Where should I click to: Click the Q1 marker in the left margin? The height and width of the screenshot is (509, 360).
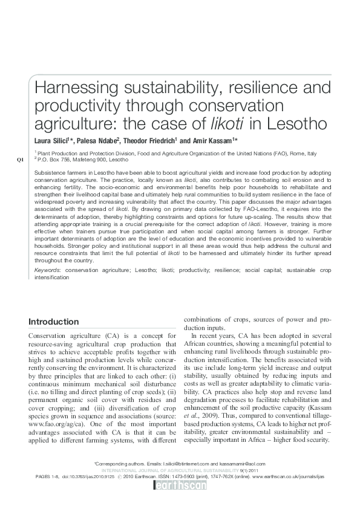tap(21, 159)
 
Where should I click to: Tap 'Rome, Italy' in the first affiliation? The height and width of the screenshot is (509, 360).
tap(304, 154)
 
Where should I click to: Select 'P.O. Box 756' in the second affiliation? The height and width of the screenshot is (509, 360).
tap(53, 160)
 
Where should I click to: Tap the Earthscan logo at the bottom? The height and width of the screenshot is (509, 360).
tap(180, 484)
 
